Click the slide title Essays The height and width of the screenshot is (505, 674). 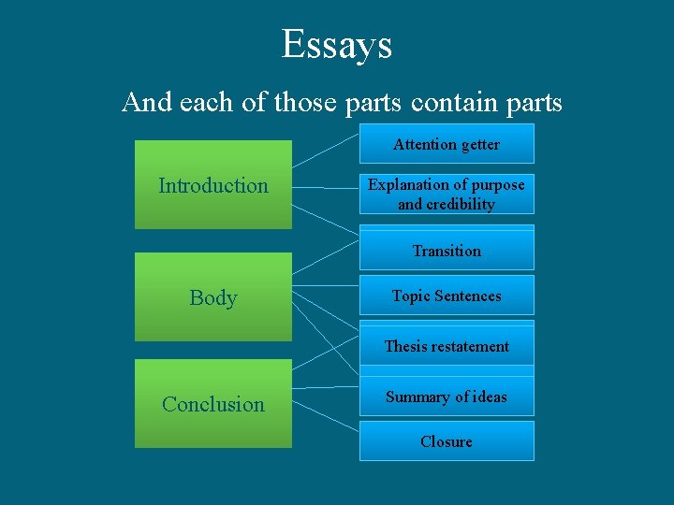336,44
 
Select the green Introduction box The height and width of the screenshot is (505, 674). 213,184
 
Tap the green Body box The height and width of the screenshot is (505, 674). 213,296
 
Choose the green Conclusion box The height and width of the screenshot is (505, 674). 213,403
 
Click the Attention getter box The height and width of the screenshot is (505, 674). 447,144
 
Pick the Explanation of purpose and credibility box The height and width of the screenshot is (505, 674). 447,195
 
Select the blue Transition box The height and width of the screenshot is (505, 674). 447,251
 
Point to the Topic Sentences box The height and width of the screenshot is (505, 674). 447,296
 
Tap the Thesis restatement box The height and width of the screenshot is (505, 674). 447,346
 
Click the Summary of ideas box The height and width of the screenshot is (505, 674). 447,397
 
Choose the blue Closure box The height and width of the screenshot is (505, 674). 447,441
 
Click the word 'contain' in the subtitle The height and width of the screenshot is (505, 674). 447,101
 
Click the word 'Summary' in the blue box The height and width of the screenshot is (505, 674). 418,397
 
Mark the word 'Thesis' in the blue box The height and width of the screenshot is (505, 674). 404,346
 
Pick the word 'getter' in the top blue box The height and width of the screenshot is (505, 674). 478,144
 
